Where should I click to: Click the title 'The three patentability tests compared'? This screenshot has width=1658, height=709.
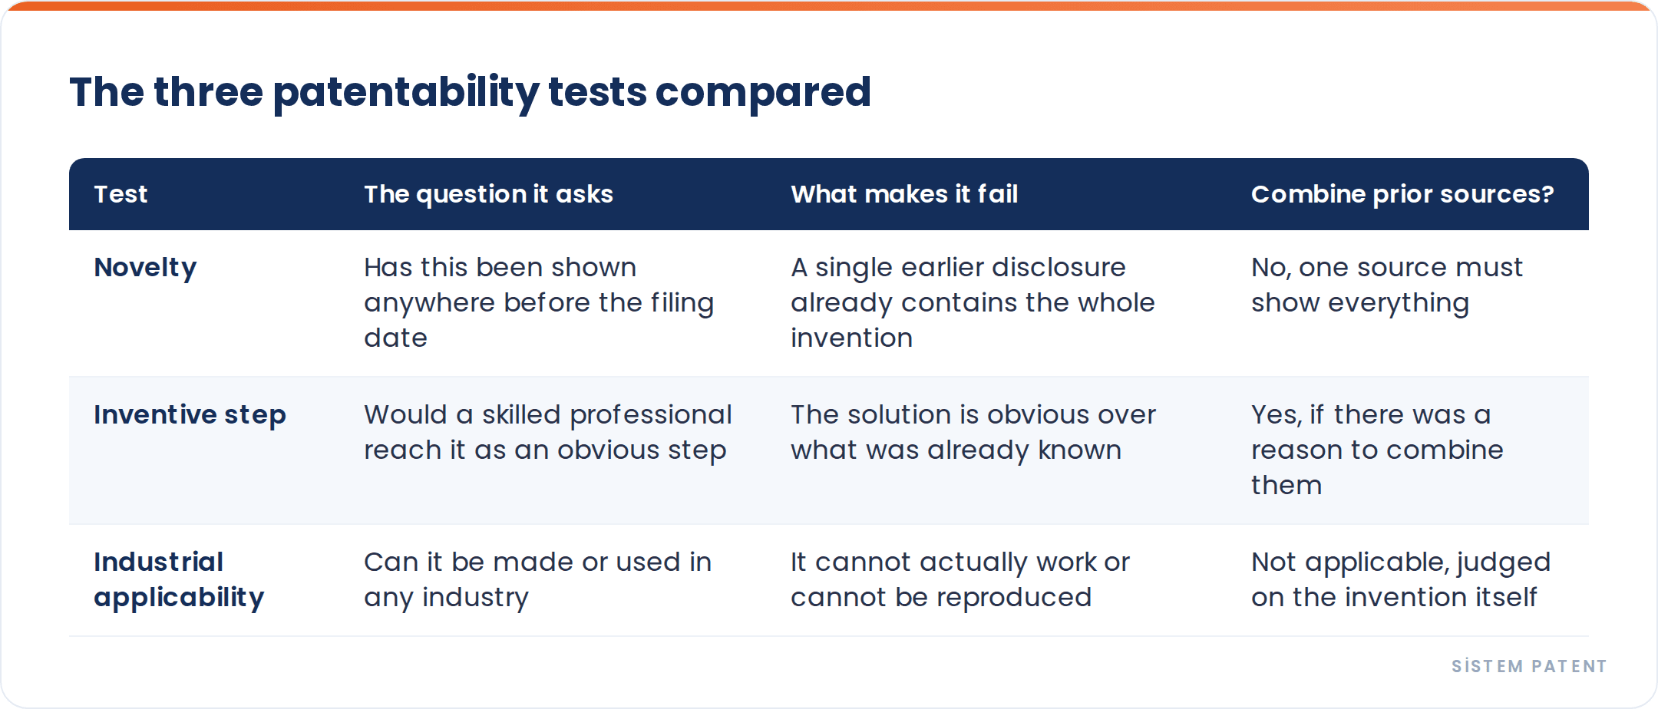(x=470, y=93)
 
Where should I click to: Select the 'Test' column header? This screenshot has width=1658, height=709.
(x=121, y=194)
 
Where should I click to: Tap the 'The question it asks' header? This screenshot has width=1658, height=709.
(x=488, y=194)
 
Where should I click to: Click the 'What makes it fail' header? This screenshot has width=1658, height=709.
(x=904, y=194)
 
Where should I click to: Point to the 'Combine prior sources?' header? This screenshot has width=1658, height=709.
(x=1402, y=194)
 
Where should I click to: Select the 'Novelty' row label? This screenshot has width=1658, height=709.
(x=145, y=268)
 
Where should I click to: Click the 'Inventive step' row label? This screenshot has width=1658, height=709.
(x=190, y=415)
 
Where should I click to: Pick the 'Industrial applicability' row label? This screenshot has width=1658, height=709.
(x=179, y=579)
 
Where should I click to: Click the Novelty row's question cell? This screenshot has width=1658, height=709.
(x=539, y=302)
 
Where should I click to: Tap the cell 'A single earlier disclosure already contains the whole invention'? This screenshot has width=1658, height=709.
(x=973, y=302)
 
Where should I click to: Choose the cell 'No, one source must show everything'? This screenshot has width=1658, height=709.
(x=1386, y=285)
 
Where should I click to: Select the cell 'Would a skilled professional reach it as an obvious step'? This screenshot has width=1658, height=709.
(x=548, y=432)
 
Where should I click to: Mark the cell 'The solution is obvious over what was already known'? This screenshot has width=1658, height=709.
(x=973, y=432)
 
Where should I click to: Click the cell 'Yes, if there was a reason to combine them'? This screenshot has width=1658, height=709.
(x=1377, y=450)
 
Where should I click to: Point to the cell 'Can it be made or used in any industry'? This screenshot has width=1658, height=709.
(x=537, y=579)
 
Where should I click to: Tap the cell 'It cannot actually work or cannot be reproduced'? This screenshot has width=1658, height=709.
(x=960, y=579)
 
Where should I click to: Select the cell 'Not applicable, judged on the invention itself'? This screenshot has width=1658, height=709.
(x=1401, y=579)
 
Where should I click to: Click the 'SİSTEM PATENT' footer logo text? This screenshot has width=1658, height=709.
(x=1529, y=666)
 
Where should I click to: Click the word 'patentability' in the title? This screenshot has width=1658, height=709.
(x=406, y=93)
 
